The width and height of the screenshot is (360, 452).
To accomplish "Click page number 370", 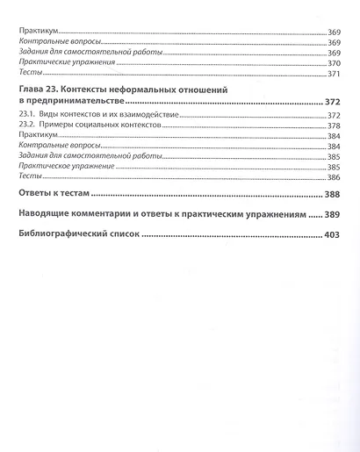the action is point(334,63).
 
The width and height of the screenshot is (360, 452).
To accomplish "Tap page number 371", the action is point(334,74).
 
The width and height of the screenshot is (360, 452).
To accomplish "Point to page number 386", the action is point(334,177).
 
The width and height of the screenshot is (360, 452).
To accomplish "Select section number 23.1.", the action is point(28,116).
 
